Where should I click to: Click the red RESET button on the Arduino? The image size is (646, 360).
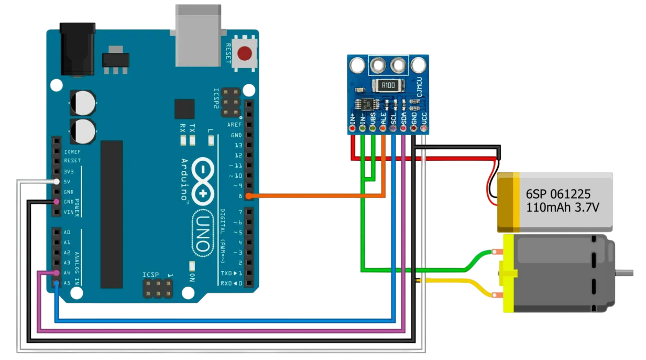245,53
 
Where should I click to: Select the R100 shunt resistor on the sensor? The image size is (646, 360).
388,85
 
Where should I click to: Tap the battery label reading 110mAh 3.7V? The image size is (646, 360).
562,208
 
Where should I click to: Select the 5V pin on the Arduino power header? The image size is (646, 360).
57,182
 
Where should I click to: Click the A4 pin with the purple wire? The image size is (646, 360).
57,273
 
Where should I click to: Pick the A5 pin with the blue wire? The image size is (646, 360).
57,283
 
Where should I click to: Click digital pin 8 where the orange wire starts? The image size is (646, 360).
248,196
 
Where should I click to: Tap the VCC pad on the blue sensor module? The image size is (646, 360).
424,128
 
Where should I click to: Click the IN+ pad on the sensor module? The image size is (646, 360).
353,128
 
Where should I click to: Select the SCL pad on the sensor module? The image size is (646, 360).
393,128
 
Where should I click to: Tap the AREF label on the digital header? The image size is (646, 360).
234,125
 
